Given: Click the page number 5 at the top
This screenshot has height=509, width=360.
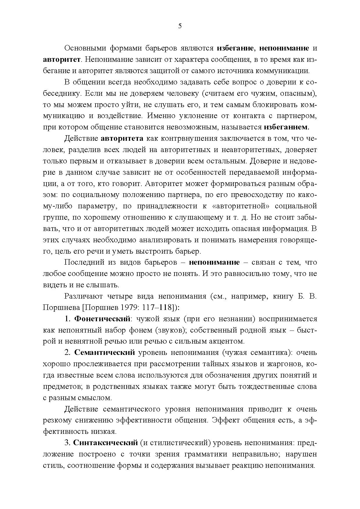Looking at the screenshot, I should pyautogui.click(x=180, y=26).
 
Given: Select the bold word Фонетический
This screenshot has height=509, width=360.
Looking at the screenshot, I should pyautogui.click(x=102, y=319).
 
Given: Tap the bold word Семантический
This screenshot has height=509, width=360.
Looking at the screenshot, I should pyautogui.click(x=105, y=353).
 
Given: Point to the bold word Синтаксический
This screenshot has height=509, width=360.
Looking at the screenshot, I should pyautogui.click(x=105, y=443).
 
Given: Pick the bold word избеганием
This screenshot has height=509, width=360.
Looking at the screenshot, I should pyautogui.click(x=287, y=127).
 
